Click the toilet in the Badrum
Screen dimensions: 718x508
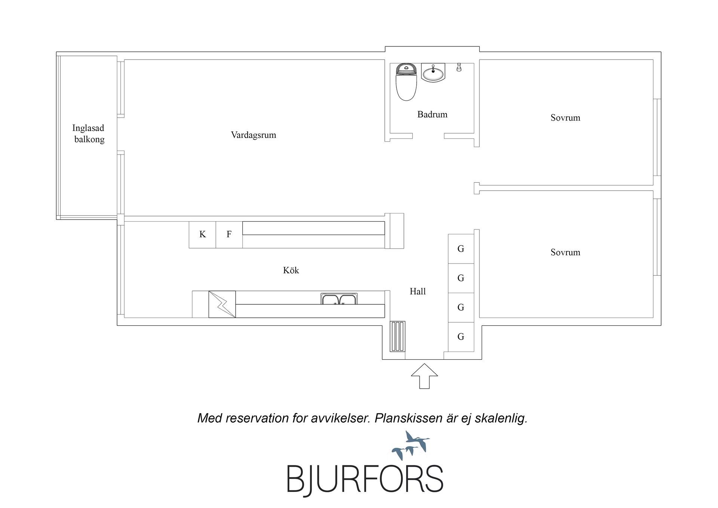406,82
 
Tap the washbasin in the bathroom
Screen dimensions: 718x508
433,73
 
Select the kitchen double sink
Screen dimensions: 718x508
339,299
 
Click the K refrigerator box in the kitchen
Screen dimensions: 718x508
202,235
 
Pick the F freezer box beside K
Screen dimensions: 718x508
229,235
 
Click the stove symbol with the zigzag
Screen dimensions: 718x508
222,304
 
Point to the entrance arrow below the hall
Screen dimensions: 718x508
424,376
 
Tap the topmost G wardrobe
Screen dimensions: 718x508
461,249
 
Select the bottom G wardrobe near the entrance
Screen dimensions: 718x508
461,337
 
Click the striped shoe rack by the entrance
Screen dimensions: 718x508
398,336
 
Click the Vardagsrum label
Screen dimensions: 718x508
254,135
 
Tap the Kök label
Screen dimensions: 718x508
291,270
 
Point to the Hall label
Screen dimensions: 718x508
418,291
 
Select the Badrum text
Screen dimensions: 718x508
432,115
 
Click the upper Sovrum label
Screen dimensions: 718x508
565,118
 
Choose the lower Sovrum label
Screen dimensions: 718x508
565,252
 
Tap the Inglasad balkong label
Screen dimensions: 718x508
89,134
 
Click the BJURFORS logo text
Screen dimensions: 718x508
365,479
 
